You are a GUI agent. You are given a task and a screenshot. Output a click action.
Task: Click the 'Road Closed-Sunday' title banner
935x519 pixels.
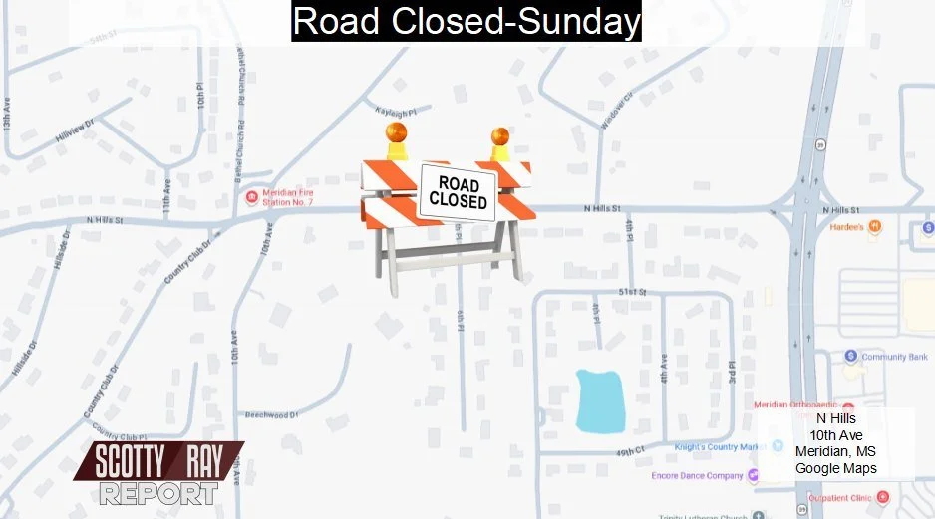pyautogui.click(x=467, y=21)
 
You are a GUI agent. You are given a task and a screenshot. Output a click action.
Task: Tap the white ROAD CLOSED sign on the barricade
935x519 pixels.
pyautogui.click(x=458, y=192)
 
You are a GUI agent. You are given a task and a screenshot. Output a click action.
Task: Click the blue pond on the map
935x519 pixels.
pyautogui.click(x=600, y=400)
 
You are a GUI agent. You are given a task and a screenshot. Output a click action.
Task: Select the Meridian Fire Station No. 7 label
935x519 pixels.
pyautogui.click(x=288, y=198)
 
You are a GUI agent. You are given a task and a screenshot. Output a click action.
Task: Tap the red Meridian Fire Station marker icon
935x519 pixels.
pyautogui.click(x=252, y=194)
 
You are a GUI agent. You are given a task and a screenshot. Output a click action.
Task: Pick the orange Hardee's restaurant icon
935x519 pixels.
pyautogui.click(x=874, y=226)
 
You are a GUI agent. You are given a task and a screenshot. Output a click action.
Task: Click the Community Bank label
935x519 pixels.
pyautogui.click(x=894, y=357)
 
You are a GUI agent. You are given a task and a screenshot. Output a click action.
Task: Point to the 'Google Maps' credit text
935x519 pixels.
pyautogui.click(x=835, y=468)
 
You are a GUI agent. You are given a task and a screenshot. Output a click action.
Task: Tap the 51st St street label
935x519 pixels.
pyautogui.click(x=633, y=292)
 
